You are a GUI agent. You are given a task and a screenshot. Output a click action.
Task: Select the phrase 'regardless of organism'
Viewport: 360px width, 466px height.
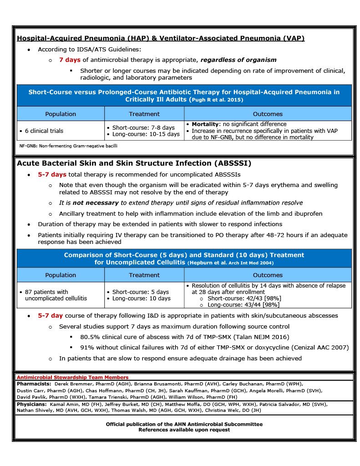click(238, 60)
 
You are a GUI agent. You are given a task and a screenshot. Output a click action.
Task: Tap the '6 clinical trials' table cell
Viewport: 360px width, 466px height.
click(41, 131)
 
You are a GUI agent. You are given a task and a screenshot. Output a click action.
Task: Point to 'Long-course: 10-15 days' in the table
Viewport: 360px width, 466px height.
click(143, 134)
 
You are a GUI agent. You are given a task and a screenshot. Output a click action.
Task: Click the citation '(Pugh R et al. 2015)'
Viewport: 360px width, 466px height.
click(216, 100)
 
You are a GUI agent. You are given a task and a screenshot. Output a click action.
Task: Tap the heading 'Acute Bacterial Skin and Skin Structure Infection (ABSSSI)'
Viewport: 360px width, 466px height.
click(134, 163)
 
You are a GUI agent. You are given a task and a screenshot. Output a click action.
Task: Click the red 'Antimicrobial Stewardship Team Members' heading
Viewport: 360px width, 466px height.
click(72, 377)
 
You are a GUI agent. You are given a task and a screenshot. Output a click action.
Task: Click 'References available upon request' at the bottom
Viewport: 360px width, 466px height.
click(184, 430)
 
